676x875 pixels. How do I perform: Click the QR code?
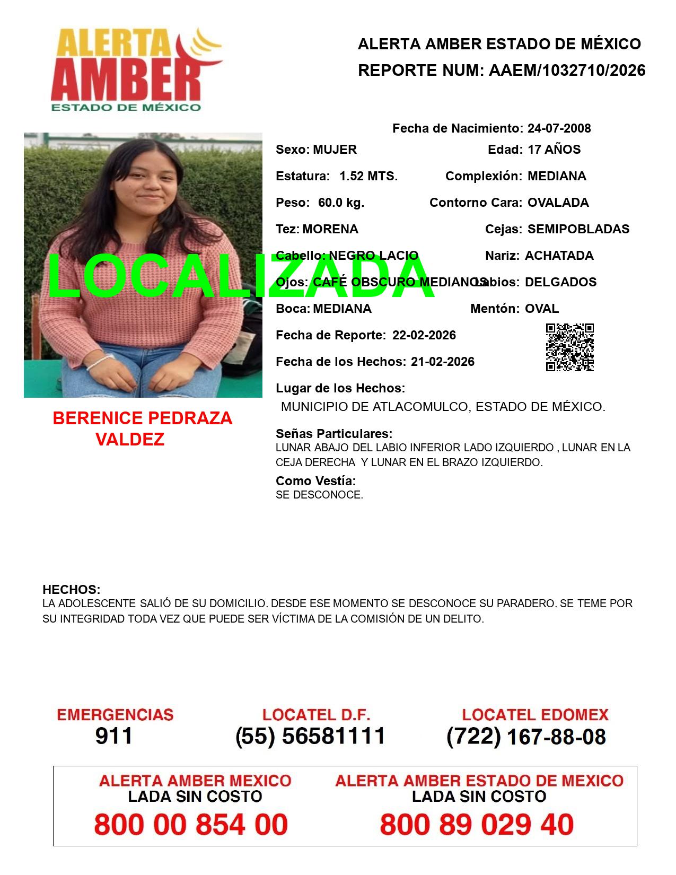coord(570,347)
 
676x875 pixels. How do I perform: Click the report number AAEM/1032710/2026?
coord(567,71)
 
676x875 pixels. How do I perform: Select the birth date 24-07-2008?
coord(559,128)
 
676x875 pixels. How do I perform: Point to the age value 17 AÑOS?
coord(554,150)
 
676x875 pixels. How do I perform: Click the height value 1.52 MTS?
coord(368,176)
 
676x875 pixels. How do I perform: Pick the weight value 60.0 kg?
coord(341,203)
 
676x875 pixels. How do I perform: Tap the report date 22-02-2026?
coord(424,335)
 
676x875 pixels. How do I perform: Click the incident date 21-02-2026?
coord(442,362)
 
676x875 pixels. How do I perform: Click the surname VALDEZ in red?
coord(130,439)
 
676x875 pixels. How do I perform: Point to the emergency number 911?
coord(114,736)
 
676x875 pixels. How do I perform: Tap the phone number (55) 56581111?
coord(310,736)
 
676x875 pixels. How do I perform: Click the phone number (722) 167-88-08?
coord(526,737)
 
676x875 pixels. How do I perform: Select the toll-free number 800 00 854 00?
coord(191,825)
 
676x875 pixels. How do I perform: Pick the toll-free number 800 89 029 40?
coord(476,825)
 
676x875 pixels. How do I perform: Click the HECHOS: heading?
coord(71,590)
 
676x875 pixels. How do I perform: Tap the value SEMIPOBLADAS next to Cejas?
coord(578,229)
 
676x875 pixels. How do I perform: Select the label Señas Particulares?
coord(334,434)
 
